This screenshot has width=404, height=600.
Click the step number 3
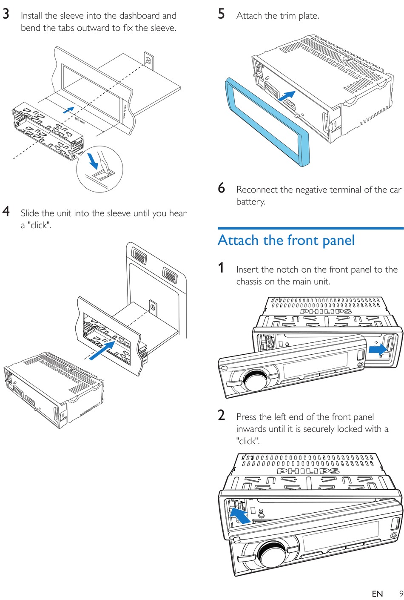(x=6, y=14)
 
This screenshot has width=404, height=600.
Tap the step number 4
(x=6, y=212)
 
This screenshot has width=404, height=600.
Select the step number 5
(x=221, y=14)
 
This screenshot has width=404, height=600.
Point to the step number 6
(x=221, y=188)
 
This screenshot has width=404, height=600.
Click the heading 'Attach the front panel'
(x=286, y=240)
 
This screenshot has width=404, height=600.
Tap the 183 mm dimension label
(x=80, y=121)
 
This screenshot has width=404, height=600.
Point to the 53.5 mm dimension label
(x=125, y=112)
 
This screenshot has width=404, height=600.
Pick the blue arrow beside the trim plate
(x=287, y=95)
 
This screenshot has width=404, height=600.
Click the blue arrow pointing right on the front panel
(x=377, y=350)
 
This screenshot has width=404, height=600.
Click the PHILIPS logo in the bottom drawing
(x=308, y=471)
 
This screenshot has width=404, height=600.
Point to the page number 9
(x=401, y=593)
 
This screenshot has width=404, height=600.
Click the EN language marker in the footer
(x=377, y=594)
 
